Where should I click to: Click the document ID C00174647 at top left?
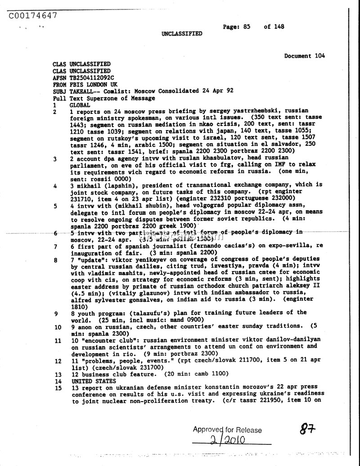(32, 16)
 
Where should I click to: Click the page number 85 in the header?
(246, 27)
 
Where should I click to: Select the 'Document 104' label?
(304, 56)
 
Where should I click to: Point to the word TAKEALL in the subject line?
(84, 91)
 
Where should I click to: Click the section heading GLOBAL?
(81, 104)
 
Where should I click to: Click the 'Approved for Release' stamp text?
(227, 430)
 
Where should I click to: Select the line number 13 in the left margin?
(58, 374)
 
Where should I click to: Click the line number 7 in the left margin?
(55, 247)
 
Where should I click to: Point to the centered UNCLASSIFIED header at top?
(182, 34)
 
